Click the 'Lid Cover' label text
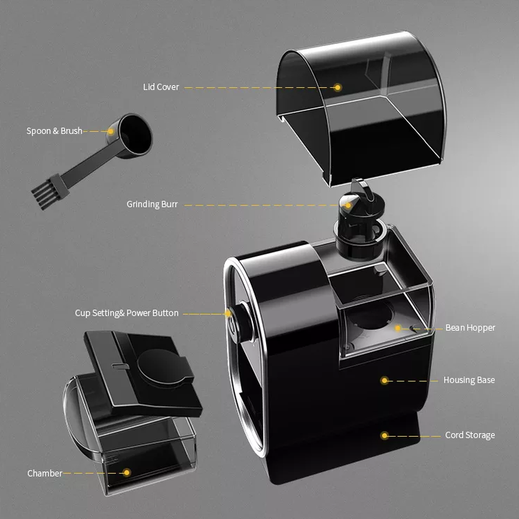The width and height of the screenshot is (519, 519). [x=161, y=87]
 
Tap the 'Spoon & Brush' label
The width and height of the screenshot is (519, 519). [x=54, y=131]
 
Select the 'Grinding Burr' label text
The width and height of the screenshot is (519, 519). [x=152, y=205]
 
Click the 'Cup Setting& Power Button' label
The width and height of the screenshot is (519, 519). [x=127, y=314]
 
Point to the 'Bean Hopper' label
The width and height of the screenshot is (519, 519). [x=470, y=328]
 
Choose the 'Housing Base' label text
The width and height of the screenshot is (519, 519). [x=469, y=380]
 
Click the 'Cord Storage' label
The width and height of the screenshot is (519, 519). [x=470, y=435]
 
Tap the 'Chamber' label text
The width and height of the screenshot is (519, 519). [x=45, y=474]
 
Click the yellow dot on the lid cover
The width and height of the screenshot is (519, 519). [x=337, y=87]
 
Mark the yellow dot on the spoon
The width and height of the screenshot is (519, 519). [x=110, y=131]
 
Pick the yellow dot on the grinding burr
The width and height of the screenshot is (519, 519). [x=348, y=205]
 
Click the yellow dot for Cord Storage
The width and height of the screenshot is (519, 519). [x=385, y=435]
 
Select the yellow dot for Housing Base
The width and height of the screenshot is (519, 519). [x=385, y=380]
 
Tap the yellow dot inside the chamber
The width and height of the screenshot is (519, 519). [x=127, y=473]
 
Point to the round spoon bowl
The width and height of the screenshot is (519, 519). [x=132, y=134]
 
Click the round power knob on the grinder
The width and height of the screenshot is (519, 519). [x=238, y=318]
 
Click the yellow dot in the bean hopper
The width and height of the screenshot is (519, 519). [x=397, y=328]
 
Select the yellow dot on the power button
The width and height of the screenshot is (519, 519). [x=227, y=314]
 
